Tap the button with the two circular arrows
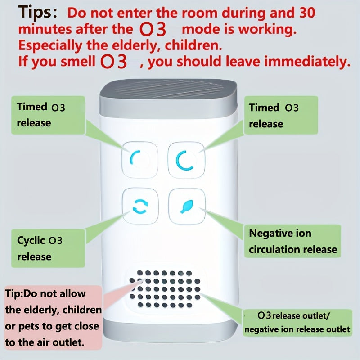tap(140, 206)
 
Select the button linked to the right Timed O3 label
tap(186, 160)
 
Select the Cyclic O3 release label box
tap(48, 248)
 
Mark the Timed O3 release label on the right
tap(280, 116)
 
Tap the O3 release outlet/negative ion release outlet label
tap(297, 322)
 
